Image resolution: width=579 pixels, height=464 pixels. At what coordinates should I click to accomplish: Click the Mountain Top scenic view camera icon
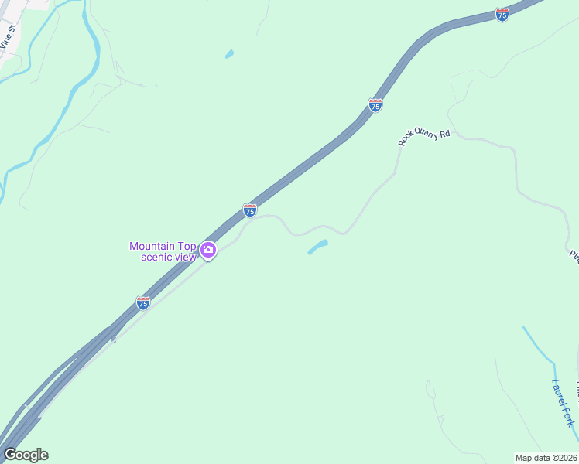point(207,250)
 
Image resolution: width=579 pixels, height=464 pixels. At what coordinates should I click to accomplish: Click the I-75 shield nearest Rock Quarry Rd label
point(375,105)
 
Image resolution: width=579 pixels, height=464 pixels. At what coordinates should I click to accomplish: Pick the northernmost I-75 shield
point(502,15)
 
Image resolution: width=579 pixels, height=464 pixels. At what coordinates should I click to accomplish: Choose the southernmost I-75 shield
point(143,302)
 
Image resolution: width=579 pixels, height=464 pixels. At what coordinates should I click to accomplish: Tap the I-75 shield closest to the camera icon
point(250,210)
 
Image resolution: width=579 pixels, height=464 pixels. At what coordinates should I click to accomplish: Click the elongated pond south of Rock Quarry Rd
point(317,247)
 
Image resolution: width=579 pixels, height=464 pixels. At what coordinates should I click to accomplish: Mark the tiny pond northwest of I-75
point(228,54)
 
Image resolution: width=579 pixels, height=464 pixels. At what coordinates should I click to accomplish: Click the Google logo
point(26,455)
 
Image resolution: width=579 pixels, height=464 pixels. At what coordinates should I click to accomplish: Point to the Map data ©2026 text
point(546,458)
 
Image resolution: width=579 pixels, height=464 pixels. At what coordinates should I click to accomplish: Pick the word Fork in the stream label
point(569,415)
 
